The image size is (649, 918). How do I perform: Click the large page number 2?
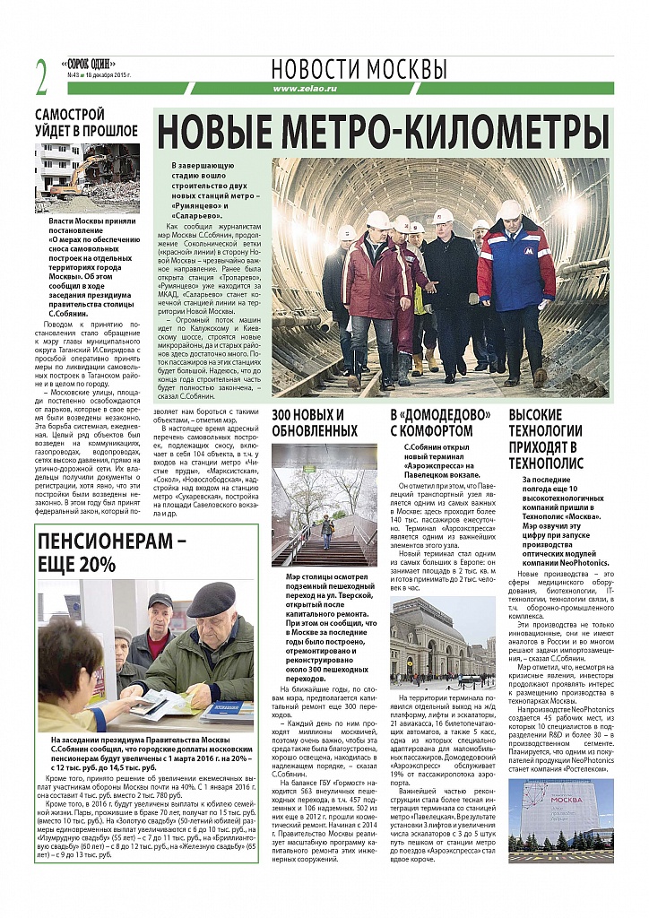pyautogui.click(x=41, y=78)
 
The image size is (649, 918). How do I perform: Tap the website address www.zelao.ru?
pyautogui.click(x=304, y=88)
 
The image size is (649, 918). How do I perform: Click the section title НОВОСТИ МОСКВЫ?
pyautogui.click(x=359, y=69)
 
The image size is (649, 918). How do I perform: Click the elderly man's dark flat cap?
pyautogui.click(x=211, y=593)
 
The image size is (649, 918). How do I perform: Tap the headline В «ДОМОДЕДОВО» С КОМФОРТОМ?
pyautogui.click(x=440, y=422)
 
